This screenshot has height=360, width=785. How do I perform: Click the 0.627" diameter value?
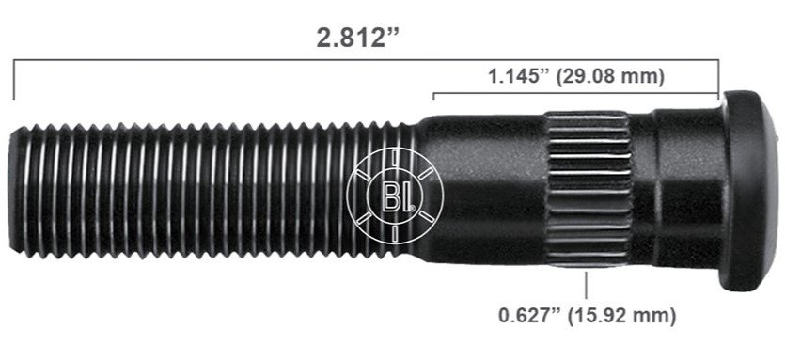[528, 315]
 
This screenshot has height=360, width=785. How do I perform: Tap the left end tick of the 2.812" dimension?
[14, 79]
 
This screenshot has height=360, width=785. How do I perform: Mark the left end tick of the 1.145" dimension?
[433, 97]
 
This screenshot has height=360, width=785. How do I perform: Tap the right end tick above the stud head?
[718, 79]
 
